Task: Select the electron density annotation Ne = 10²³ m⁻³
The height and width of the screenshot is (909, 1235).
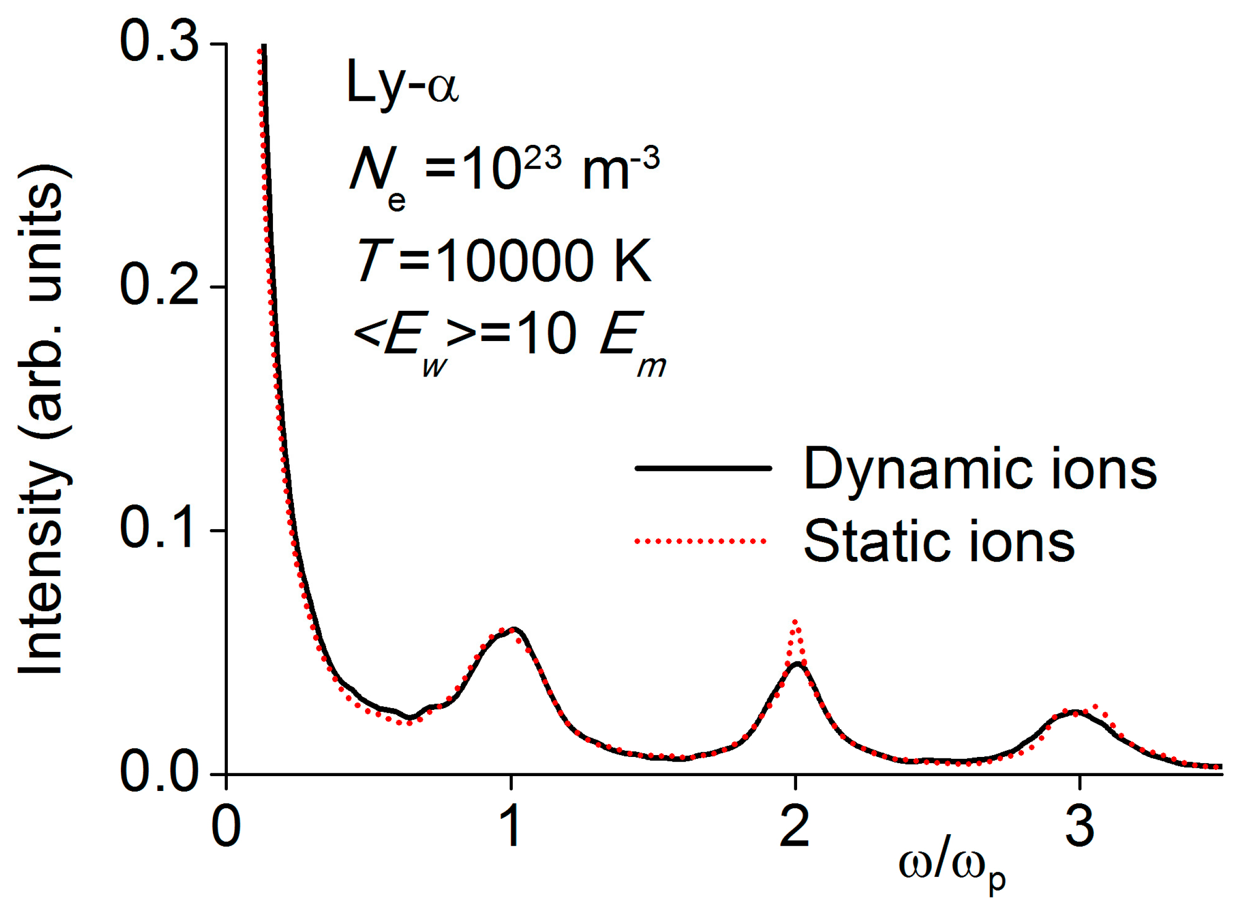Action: point(503,173)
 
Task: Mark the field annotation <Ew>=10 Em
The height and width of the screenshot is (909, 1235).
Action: point(509,341)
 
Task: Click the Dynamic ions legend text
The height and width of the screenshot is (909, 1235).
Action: point(979,469)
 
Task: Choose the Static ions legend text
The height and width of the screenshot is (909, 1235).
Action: point(939,542)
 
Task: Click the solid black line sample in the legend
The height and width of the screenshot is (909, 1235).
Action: point(703,469)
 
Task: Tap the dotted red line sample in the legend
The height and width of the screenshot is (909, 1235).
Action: point(700,542)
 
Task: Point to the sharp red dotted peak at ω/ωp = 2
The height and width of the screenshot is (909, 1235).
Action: point(794,624)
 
